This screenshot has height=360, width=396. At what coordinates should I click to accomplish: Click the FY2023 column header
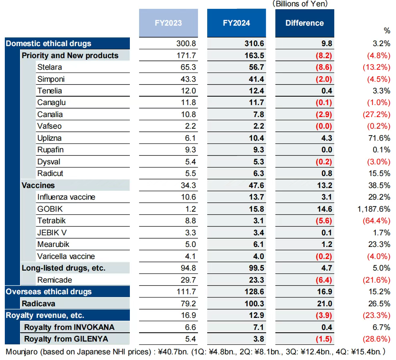tap(168, 23)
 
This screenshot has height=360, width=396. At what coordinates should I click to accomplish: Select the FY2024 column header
tap(236, 23)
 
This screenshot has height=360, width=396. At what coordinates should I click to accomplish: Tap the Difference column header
tap(304, 23)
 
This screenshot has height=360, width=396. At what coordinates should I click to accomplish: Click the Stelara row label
tap(50, 67)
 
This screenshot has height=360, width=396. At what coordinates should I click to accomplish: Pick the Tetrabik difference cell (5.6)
tap(323, 220)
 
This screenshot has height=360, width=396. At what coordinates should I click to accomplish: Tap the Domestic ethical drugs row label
tap(48, 43)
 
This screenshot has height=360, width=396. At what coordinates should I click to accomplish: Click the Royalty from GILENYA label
tap(66, 339)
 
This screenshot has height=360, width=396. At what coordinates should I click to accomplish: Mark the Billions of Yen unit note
tap(300, 4)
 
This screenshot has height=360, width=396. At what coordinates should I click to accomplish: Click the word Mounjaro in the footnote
tap(23, 352)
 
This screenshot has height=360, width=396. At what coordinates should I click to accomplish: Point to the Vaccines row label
tap(38, 185)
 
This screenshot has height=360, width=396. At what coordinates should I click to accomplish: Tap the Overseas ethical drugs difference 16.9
tap(324, 291)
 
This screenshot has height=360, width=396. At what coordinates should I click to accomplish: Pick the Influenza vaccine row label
tap(66, 197)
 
